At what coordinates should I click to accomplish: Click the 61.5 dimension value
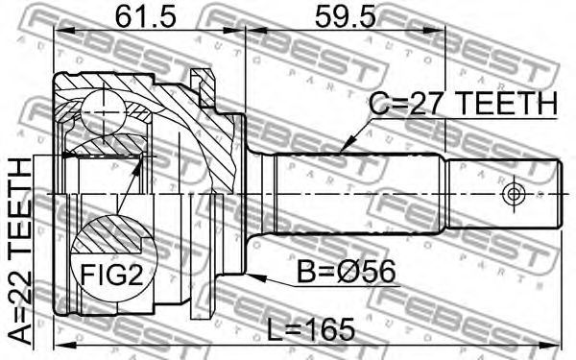tap(146, 16)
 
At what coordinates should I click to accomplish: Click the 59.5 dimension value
tap(346, 16)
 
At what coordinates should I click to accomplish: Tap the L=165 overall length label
tap(310, 329)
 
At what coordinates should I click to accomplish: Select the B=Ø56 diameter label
tap(347, 272)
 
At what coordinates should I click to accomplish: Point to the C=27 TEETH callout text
tap(464, 104)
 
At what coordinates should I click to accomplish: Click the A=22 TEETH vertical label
tap(20, 251)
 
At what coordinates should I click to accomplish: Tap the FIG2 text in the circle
tap(111, 275)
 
